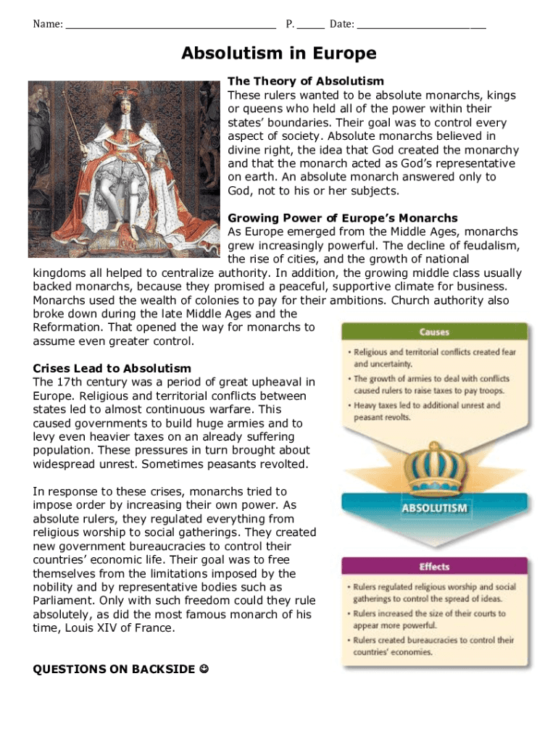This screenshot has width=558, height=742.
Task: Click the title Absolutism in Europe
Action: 279,54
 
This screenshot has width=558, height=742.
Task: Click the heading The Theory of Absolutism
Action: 306,81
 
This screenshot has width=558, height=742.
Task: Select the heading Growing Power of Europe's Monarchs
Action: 343,218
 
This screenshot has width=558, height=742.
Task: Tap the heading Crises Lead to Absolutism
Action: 112,369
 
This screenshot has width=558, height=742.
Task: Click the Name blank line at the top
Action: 171,24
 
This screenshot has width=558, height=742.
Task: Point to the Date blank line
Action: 422,24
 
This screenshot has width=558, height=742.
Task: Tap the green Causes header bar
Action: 435,333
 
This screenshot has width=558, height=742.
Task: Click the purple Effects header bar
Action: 435,567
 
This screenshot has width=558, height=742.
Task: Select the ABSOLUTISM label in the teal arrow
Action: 435,508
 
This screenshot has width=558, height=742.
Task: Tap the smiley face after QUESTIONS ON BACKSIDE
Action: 203,669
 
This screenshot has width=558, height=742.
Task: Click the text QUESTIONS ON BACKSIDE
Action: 112,669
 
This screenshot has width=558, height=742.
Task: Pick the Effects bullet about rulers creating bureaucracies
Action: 433,646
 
